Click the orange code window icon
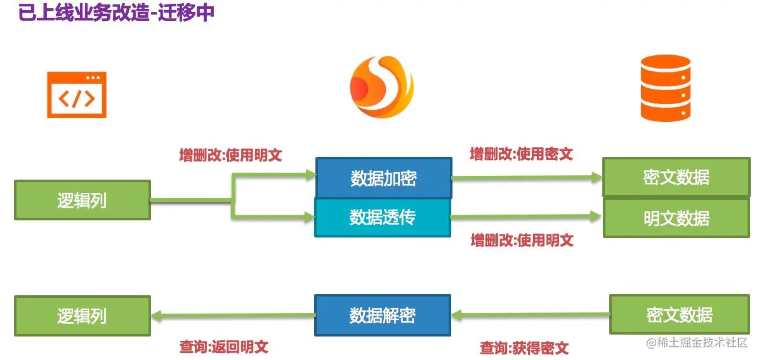76,95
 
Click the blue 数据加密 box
383,178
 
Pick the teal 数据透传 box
383,217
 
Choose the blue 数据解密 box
383,315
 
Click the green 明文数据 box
676,218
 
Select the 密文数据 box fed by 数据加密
676,177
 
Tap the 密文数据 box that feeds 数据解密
680,314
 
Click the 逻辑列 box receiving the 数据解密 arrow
82,316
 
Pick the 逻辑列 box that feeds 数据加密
82,200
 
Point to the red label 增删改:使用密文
521,154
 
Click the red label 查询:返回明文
224,347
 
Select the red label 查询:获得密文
524,348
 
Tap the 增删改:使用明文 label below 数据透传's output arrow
522,240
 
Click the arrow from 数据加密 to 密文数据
527,178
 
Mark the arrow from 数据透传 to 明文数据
527,217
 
